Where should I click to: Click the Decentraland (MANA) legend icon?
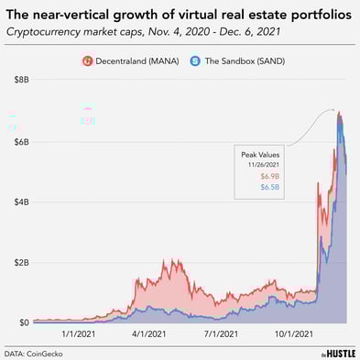pyautogui.click(x=88, y=61)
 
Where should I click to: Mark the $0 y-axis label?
pyautogui.click(x=21, y=322)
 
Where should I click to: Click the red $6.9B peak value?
pyautogui.click(x=268, y=176)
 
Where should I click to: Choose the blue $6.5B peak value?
pyautogui.click(x=268, y=187)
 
